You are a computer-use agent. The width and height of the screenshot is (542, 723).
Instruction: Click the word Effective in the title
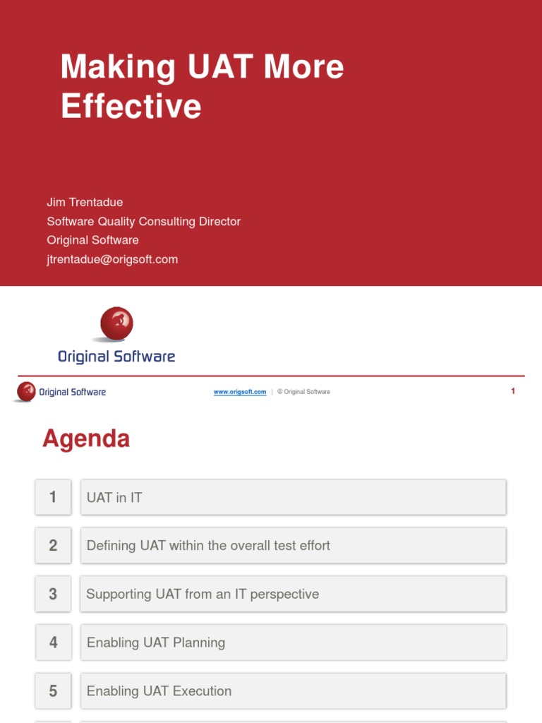click(x=131, y=107)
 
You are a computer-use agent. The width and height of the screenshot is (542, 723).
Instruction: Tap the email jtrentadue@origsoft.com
click(x=112, y=259)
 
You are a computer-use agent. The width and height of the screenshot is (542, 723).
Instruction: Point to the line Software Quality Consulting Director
click(x=143, y=222)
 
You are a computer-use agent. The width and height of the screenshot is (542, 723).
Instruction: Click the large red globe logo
click(x=116, y=324)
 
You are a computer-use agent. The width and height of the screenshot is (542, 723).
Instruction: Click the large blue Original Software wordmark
click(x=116, y=357)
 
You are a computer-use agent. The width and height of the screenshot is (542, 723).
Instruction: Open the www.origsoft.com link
click(x=240, y=392)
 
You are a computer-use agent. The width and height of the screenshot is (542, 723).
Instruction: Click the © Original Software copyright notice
click(x=303, y=392)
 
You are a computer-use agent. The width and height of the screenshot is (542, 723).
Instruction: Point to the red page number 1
click(x=513, y=391)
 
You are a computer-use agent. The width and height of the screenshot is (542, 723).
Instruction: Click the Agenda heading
click(x=86, y=439)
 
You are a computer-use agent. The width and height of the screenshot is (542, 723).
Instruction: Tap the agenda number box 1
click(x=53, y=497)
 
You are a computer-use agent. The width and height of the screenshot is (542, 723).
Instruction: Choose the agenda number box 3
click(x=53, y=594)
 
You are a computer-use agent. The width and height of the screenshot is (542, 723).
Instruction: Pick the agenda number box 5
click(x=53, y=691)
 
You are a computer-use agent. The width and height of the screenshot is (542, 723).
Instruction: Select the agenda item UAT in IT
click(x=114, y=498)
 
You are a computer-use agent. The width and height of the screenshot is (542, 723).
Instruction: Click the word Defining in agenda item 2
click(x=110, y=546)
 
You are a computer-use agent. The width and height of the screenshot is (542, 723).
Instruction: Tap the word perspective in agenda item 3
click(x=284, y=594)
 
